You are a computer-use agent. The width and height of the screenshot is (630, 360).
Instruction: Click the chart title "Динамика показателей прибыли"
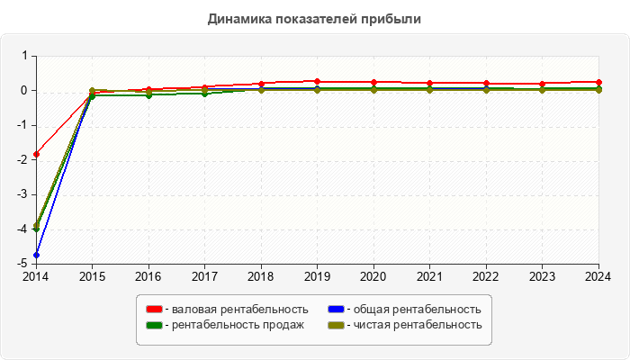(314, 18)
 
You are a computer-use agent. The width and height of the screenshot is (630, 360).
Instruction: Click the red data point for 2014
(36, 154)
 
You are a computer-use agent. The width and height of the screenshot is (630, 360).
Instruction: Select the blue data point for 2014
(36, 255)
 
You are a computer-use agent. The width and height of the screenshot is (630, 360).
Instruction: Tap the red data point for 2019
(318, 82)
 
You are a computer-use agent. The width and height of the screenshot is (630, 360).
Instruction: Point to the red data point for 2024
(598, 82)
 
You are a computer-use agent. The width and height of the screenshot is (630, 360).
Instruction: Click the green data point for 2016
(148, 94)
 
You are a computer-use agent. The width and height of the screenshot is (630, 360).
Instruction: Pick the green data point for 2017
(205, 94)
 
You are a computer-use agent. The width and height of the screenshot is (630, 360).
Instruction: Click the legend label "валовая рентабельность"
(239, 309)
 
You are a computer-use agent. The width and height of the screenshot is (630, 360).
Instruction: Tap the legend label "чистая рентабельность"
(418, 325)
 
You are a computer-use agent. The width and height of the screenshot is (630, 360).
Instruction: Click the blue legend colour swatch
(337, 309)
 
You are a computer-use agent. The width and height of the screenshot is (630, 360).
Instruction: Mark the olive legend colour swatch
(337, 325)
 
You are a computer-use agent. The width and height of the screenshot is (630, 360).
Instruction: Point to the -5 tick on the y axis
(24, 264)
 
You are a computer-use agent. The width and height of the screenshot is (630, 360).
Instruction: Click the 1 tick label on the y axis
(26, 56)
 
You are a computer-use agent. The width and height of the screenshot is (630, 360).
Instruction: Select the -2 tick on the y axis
(24, 160)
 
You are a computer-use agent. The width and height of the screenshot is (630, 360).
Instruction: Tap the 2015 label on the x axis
(93, 275)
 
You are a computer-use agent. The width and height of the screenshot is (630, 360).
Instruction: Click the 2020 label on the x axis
(373, 275)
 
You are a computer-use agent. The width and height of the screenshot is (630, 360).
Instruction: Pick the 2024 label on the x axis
(598, 275)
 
